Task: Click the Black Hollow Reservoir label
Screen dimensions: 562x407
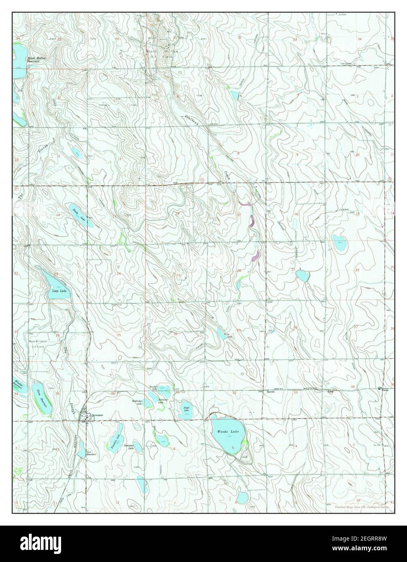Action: [x=36, y=60]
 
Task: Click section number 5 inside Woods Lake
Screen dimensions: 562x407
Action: [x=233, y=447]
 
